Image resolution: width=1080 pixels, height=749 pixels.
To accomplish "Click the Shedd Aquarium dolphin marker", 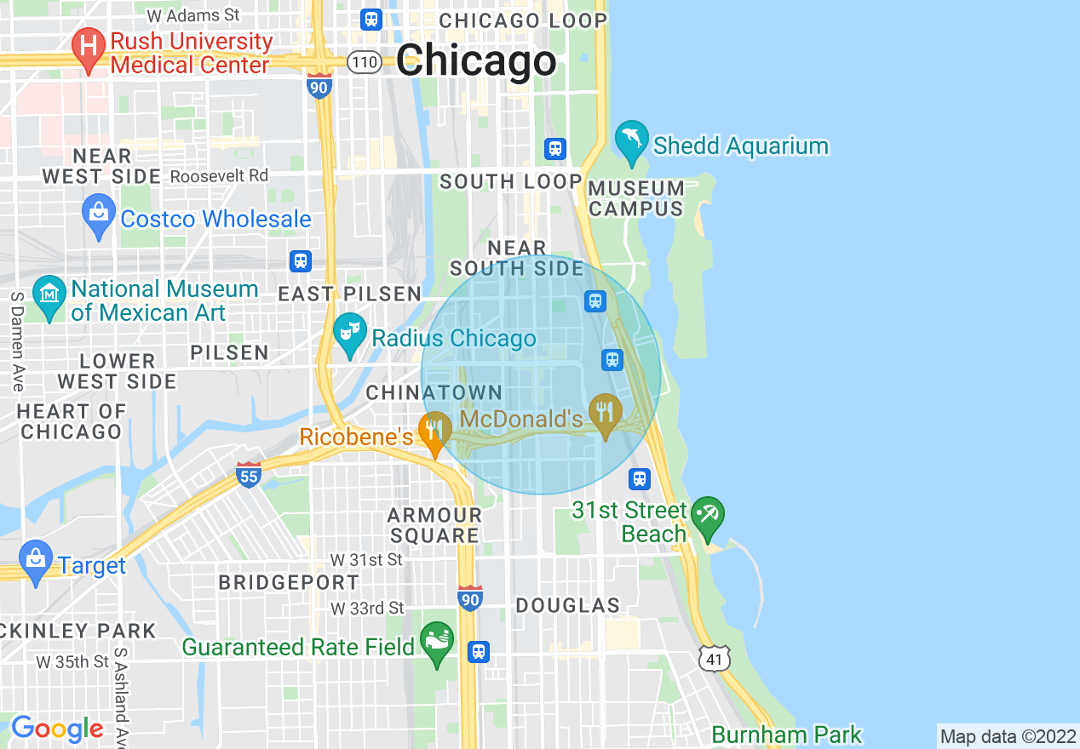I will point(631,140).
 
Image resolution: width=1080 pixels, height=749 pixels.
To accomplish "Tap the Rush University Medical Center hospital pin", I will point(88,48).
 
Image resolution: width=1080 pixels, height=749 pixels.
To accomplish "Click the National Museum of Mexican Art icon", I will point(49,295).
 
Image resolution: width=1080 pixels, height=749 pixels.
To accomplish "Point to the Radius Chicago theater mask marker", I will point(348,333).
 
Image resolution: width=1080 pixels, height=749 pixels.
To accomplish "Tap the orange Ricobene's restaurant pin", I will point(434,432).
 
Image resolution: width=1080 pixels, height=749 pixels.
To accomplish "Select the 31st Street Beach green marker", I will point(708,516).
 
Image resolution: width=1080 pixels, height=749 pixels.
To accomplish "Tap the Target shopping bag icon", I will point(35,560).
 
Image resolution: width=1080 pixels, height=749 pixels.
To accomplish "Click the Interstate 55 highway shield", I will point(248,475).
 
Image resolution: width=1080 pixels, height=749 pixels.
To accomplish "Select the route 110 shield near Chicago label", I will point(365,62).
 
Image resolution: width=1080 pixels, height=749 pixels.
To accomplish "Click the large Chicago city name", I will point(476,61).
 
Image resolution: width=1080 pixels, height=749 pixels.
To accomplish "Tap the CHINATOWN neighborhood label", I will point(434,392).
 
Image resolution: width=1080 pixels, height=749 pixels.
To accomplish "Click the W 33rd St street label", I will point(368,609).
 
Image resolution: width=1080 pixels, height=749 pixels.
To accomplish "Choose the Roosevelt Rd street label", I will point(220,176).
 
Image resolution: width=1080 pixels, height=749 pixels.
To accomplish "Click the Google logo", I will point(57,729).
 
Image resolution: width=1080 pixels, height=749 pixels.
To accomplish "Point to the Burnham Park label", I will point(786,735).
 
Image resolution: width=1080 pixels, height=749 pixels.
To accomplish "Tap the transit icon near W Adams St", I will point(371,19).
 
